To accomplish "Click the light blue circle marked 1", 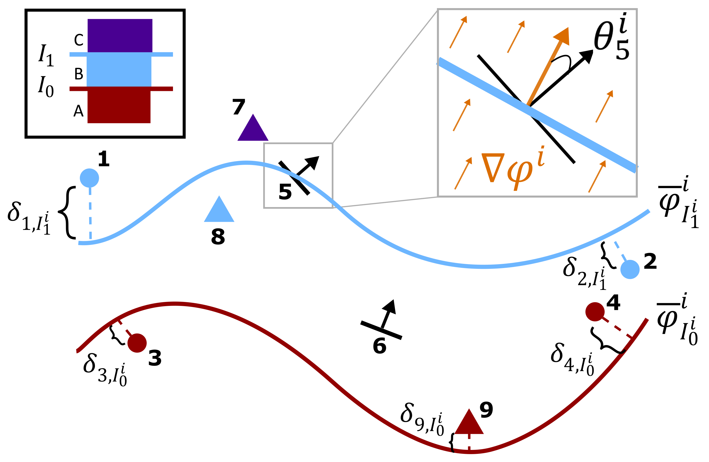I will [89, 178].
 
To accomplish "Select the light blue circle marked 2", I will [630, 269].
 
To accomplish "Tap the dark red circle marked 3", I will [137, 343].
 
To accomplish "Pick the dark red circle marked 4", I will [595, 312].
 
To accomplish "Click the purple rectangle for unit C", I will [120, 35].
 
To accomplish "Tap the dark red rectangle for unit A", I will [119, 107].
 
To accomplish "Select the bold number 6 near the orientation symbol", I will [380, 346].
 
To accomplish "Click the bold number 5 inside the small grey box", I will [285, 192].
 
